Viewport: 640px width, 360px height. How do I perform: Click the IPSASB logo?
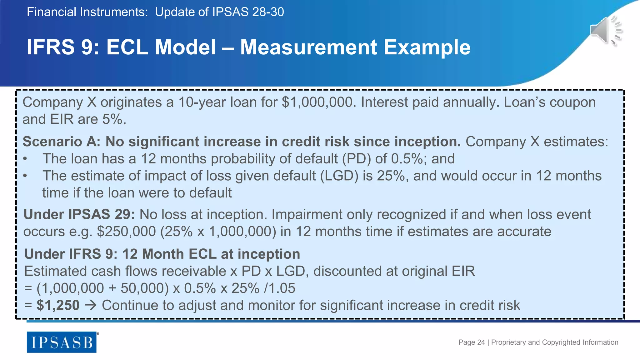pos(62,342)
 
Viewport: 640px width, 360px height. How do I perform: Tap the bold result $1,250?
pos(58,305)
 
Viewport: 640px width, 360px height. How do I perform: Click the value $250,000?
pos(126,232)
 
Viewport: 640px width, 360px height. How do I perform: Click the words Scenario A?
pos(62,142)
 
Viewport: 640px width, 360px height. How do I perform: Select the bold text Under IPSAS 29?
pos(79,215)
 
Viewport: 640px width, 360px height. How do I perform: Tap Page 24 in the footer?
pos(471,342)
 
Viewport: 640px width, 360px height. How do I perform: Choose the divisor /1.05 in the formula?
pos(279,288)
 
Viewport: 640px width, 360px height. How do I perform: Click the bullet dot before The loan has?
pos(25,159)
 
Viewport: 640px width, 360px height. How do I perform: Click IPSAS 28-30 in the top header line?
pos(248,12)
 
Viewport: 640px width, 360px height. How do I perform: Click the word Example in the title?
pos(427,47)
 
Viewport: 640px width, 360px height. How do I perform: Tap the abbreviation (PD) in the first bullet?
pos(356,159)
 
